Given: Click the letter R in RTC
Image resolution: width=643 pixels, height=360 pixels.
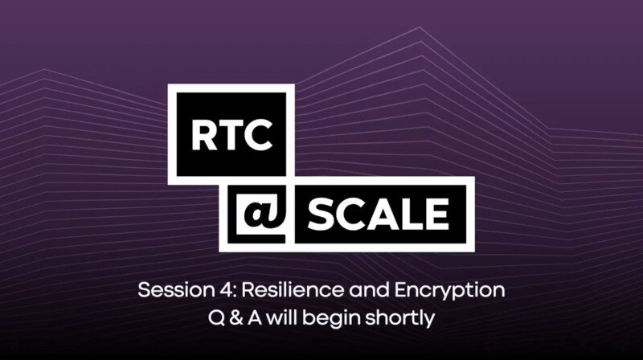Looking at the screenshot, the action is [204, 135].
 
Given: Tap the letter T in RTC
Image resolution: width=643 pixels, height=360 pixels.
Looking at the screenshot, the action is [230, 135].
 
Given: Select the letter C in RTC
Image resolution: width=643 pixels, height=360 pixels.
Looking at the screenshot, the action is [257, 135].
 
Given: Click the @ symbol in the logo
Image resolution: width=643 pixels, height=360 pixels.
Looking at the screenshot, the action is [260, 214].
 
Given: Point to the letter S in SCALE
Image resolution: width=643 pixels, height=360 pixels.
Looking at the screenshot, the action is [321, 214].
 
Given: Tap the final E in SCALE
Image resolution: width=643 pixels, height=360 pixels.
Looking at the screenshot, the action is [437, 214].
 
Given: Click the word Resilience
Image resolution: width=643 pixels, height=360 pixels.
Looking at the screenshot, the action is [293, 290].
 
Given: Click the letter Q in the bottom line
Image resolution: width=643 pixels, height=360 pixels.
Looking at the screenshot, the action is [216, 318].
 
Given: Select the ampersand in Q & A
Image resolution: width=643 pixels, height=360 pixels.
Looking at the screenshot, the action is [235, 318].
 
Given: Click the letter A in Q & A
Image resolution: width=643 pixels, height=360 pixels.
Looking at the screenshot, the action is [255, 318].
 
